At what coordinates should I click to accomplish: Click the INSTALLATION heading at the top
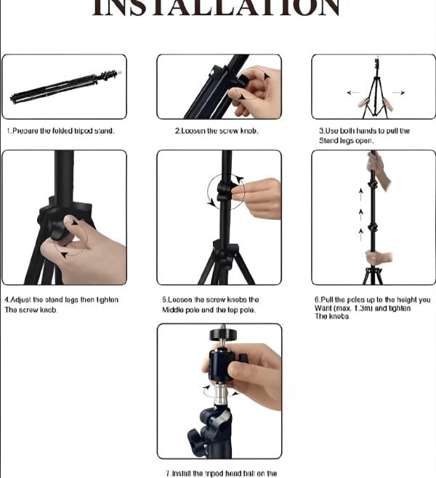[218, 7]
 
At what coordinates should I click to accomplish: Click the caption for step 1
[61, 131]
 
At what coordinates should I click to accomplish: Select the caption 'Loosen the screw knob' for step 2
[217, 131]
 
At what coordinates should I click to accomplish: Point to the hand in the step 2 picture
[257, 91]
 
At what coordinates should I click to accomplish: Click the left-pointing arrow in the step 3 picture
[352, 93]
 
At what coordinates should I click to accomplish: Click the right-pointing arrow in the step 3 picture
[399, 93]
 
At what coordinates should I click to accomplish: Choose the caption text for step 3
[365, 136]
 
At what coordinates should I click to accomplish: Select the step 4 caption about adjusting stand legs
[61, 305]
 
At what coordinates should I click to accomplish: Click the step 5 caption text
[211, 305]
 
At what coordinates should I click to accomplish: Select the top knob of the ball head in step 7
[219, 334]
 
